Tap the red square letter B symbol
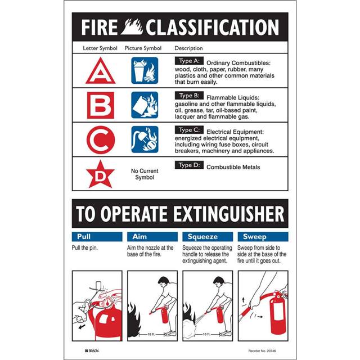click(101, 105)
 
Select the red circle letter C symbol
click(101, 140)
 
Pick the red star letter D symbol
click(100, 174)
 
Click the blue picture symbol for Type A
click(145, 70)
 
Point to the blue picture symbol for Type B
click(145, 105)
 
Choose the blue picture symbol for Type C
click(145, 139)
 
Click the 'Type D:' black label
click(189, 165)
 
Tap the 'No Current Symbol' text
click(145, 174)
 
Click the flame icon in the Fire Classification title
click(132, 27)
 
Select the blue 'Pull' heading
click(97, 237)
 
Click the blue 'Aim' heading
click(152, 237)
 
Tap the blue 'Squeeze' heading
click(208, 237)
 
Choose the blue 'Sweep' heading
click(263, 237)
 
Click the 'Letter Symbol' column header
click(100, 48)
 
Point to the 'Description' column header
click(189, 48)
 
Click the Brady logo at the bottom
click(92, 351)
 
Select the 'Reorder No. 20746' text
click(262, 351)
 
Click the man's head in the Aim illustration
click(164, 281)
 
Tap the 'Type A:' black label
click(189, 61)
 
